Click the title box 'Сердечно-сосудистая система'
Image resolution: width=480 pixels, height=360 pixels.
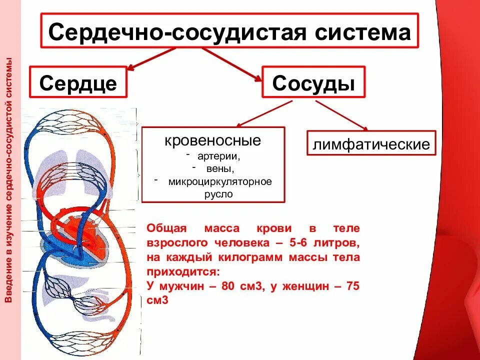[x=229, y=32]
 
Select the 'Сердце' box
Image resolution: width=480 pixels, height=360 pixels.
[x=78, y=82]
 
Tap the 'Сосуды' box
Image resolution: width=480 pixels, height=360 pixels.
[x=313, y=82]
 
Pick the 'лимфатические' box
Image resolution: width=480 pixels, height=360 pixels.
[x=371, y=145]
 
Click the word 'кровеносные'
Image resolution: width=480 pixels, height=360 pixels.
[x=213, y=140]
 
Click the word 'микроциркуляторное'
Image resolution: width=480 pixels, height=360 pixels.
[x=219, y=181]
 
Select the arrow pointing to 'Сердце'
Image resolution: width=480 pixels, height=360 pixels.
[x=150, y=58]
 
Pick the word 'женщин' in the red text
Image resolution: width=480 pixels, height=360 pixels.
[x=307, y=287]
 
